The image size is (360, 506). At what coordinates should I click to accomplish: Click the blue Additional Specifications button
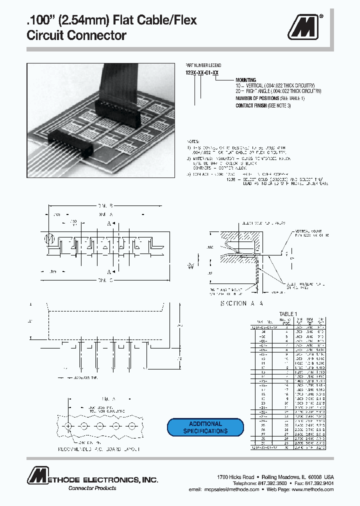pyautogui.click(x=205, y=427)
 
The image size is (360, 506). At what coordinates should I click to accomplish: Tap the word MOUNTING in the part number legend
pyautogui.click(x=245, y=80)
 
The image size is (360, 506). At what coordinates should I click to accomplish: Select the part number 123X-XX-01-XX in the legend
pyautogui.click(x=202, y=73)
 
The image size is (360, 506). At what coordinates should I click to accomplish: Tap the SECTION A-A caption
pyautogui.click(x=242, y=303)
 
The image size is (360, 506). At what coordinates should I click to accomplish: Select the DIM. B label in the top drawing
pyautogui.click(x=104, y=205)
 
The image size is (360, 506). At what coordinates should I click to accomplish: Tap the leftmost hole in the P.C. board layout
pyautogui.click(x=68, y=425)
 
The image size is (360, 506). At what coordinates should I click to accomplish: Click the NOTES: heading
pyautogui.click(x=192, y=142)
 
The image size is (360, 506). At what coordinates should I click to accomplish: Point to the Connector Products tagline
pyautogui.click(x=92, y=488)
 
